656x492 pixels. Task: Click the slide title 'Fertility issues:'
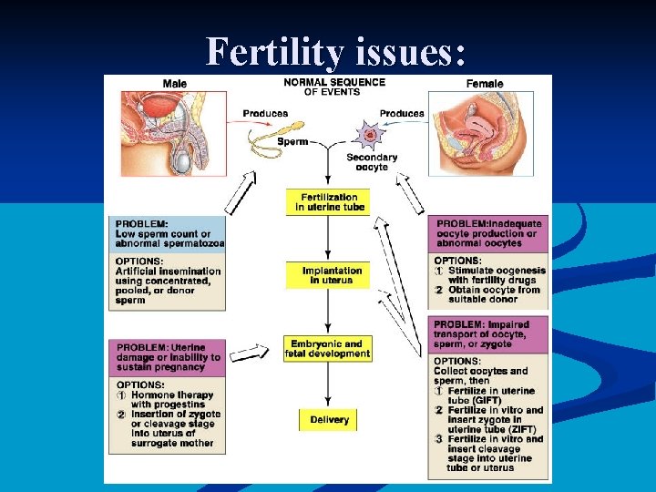coord(336,52)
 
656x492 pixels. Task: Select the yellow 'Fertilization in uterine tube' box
coord(327,202)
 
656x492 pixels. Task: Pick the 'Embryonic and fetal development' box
coord(328,349)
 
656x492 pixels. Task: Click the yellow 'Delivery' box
coord(328,420)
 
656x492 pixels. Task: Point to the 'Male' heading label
coord(175,84)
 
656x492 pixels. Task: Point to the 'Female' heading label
coord(484,84)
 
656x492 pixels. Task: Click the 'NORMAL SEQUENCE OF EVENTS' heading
coord(333,87)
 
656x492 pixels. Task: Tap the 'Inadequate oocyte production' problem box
coord(489,233)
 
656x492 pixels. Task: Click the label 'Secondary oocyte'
coord(372,162)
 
